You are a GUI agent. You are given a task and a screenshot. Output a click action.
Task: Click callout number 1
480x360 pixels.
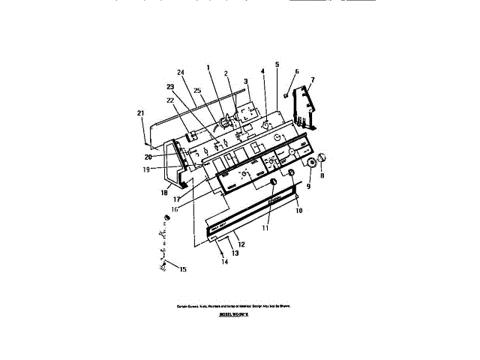pos(208,68)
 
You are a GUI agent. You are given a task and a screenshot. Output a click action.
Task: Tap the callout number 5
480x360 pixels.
pos(277,65)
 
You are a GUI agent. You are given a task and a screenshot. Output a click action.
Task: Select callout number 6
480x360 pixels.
pos(296,72)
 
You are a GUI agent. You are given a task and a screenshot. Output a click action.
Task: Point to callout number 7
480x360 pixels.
pos(313,79)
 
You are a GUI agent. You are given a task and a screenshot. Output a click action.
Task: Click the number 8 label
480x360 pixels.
pos(322,177)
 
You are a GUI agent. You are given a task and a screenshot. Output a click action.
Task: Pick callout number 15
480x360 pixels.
pos(181,270)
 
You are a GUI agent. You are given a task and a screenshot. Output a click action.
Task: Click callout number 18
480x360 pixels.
pos(163,193)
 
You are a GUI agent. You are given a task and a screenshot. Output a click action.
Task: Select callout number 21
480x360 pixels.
pos(140,113)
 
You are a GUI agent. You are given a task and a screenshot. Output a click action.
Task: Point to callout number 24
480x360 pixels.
pos(181,73)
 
